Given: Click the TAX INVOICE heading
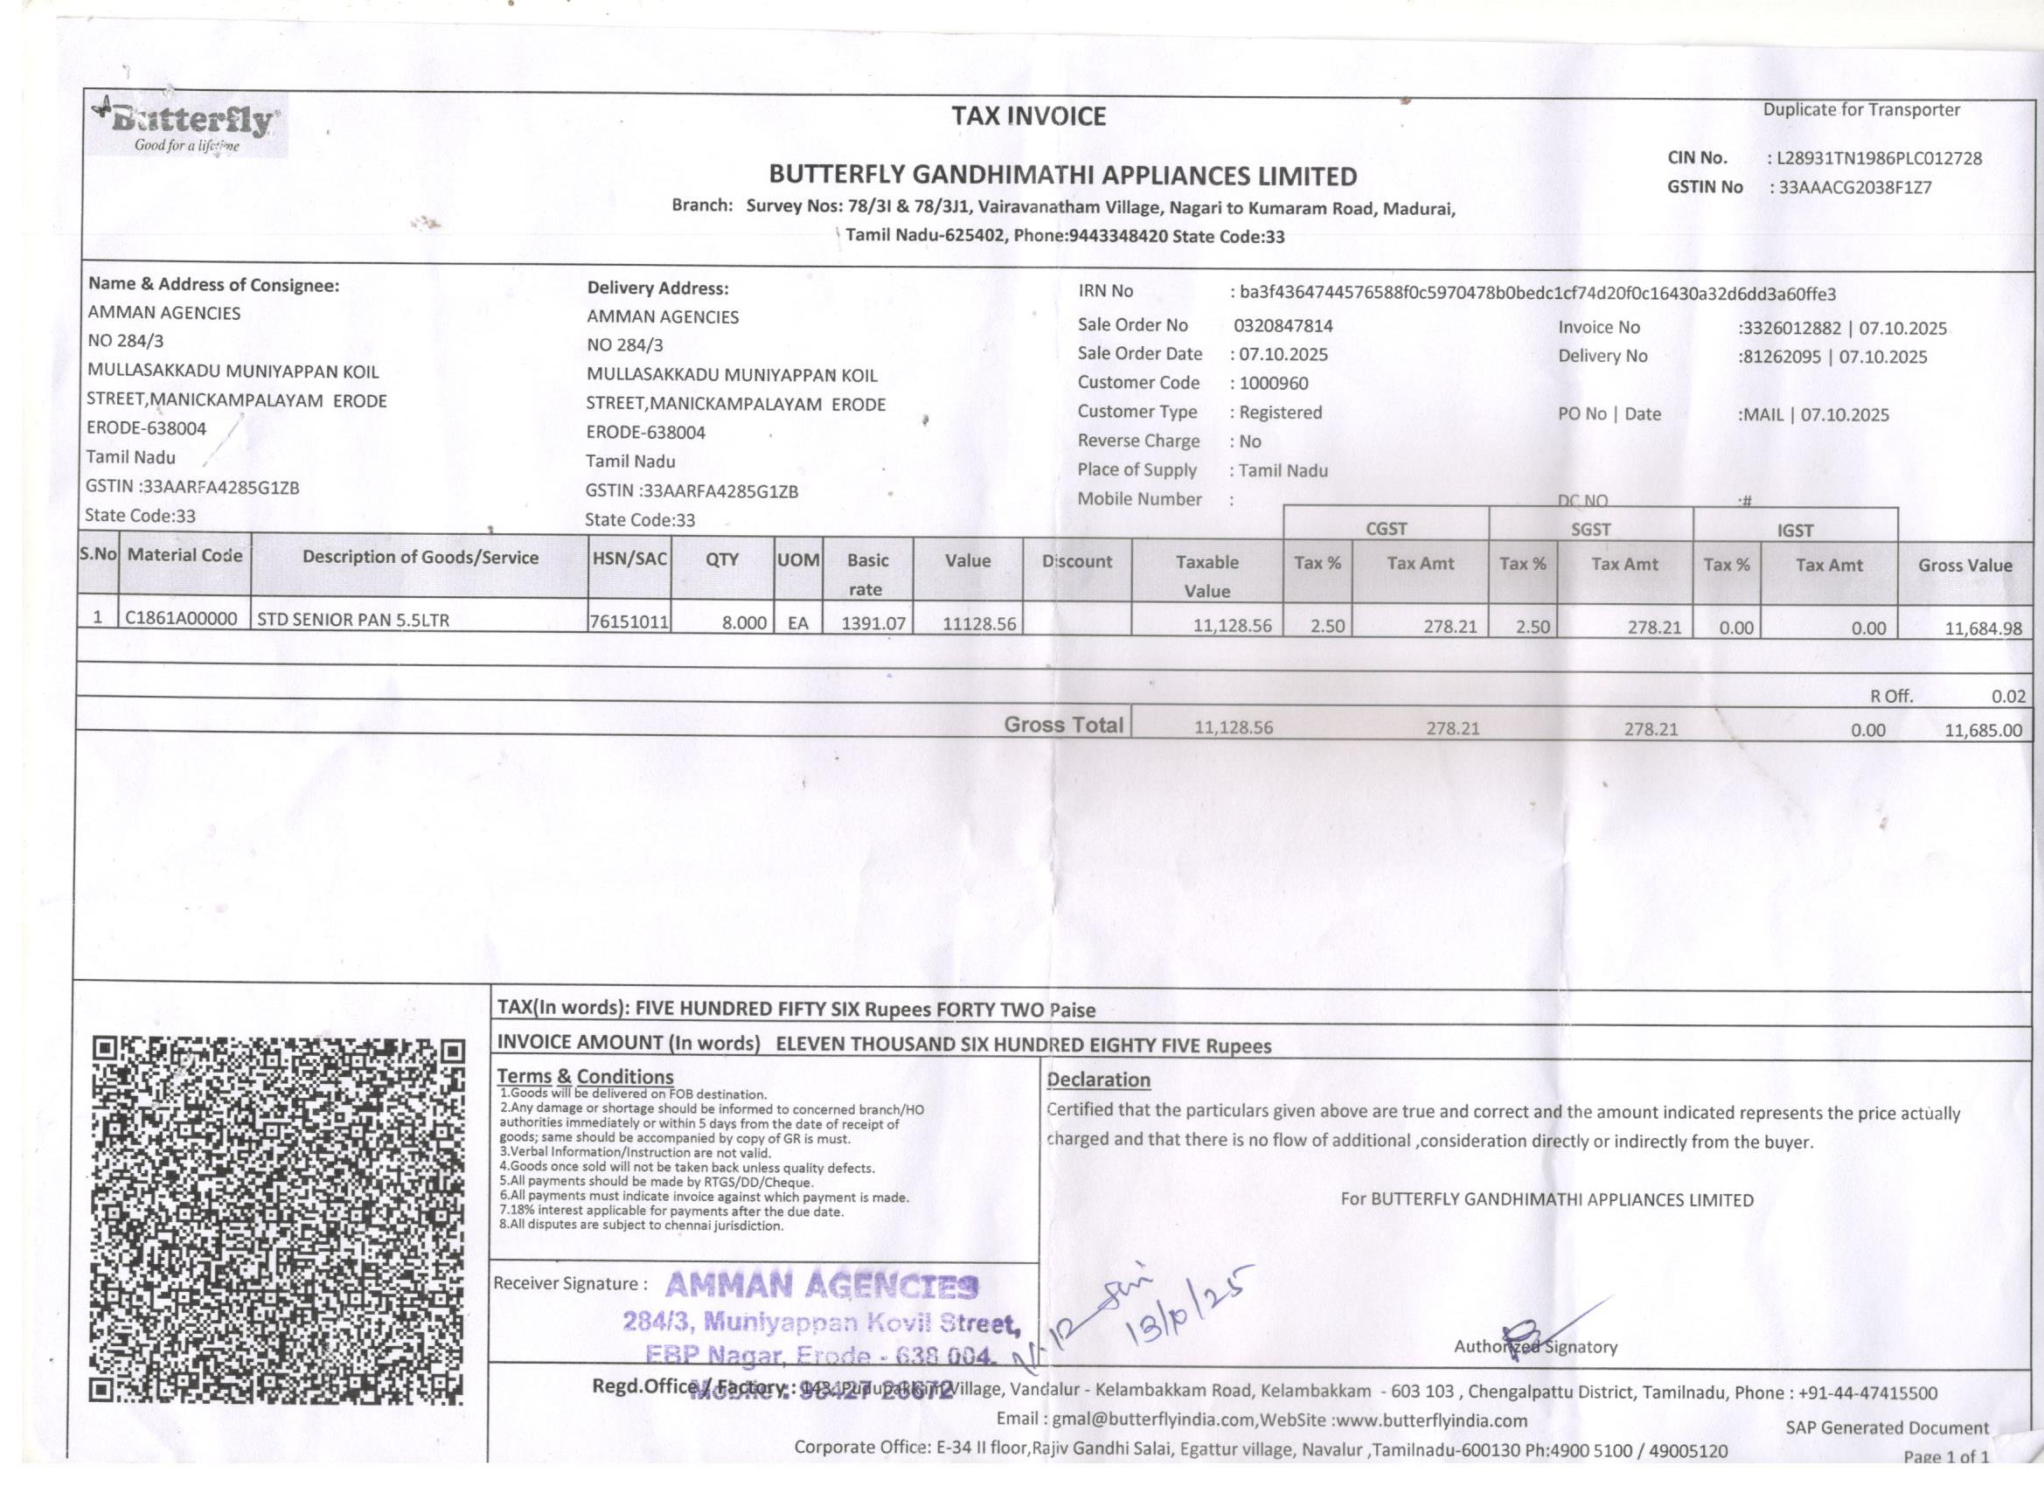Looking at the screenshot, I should [1028, 116].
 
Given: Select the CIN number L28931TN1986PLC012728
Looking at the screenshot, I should [1878, 158].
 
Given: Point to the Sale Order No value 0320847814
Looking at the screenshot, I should [1283, 326].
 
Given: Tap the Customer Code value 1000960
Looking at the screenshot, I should [1274, 384].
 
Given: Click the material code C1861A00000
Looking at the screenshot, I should [182, 619].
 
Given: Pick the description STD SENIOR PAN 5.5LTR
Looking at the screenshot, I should [353, 620].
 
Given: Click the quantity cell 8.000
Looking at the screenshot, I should [743, 621].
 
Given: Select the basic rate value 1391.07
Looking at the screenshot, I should [873, 622].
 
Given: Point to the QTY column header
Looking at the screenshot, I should [722, 559].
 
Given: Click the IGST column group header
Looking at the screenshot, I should [1794, 531].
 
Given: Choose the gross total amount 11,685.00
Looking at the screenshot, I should [1983, 731].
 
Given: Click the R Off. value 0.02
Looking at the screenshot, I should [2008, 697].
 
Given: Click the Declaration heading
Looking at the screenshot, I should [1099, 1080].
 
